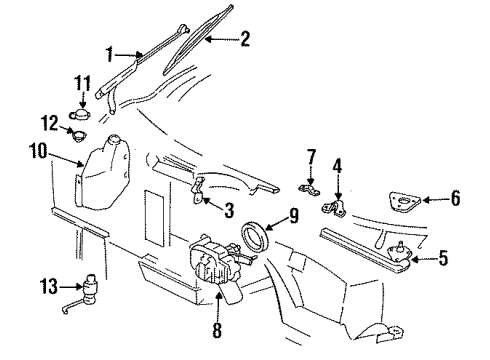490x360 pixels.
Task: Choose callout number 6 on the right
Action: [x=455, y=198]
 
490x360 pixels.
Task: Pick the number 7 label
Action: [x=310, y=156]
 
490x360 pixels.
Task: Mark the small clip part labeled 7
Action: [x=307, y=186]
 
